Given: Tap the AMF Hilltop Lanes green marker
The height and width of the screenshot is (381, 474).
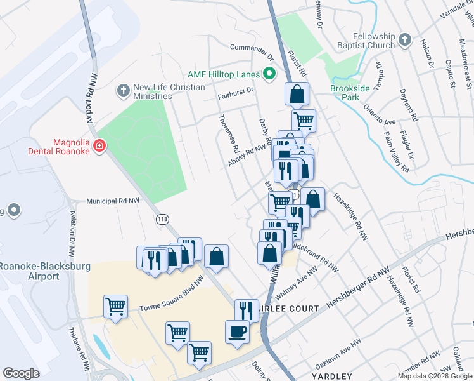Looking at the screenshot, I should coord(269,74).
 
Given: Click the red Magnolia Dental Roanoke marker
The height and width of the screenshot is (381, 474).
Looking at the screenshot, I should coord(99,147).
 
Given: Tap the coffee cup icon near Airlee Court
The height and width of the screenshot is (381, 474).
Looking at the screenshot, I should coord(238,332).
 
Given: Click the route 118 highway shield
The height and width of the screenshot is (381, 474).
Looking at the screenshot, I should coord(163,218).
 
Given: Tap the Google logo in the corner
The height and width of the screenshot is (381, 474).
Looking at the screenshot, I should coord(22,373).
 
